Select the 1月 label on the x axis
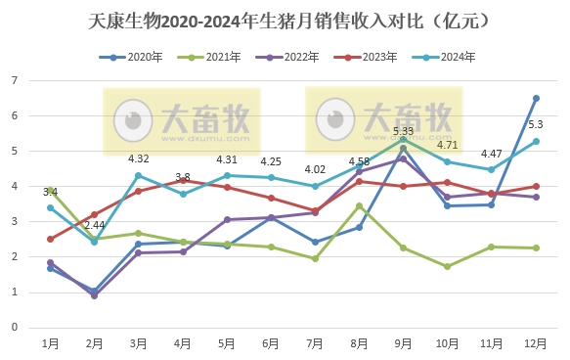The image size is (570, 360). pyautogui.click(x=50, y=343)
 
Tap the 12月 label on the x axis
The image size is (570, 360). pyautogui.click(x=536, y=343)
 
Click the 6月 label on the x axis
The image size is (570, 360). pyautogui.click(x=271, y=343)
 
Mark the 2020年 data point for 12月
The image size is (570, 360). pyautogui.click(x=536, y=98)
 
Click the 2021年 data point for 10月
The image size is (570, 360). pyautogui.click(x=448, y=266)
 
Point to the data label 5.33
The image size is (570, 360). pyautogui.click(x=403, y=130)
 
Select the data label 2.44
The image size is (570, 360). pyautogui.click(x=96, y=224)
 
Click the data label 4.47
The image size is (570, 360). pyautogui.click(x=491, y=153)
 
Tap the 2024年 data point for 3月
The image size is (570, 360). pyautogui.click(x=139, y=175)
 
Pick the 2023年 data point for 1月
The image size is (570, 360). pyautogui.click(x=50, y=239)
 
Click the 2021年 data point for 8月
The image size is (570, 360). pyautogui.click(x=360, y=205)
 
